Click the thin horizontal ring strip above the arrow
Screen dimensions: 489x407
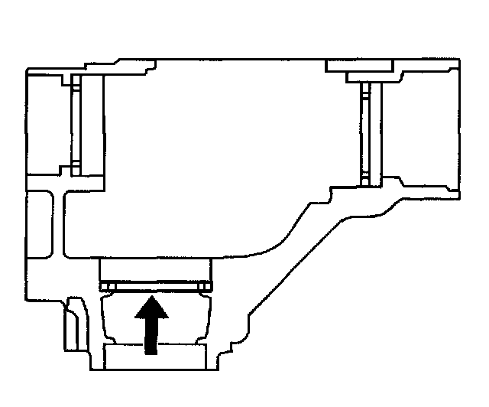click(x=154, y=286)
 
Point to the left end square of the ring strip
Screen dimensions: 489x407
click(x=105, y=286)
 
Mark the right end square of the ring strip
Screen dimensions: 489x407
click(x=203, y=286)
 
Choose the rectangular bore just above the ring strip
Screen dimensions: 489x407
click(x=154, y=269)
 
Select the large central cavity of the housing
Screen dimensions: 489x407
click(x=222, y=153)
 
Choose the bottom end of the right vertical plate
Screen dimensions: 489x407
click(x=366, y=181)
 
